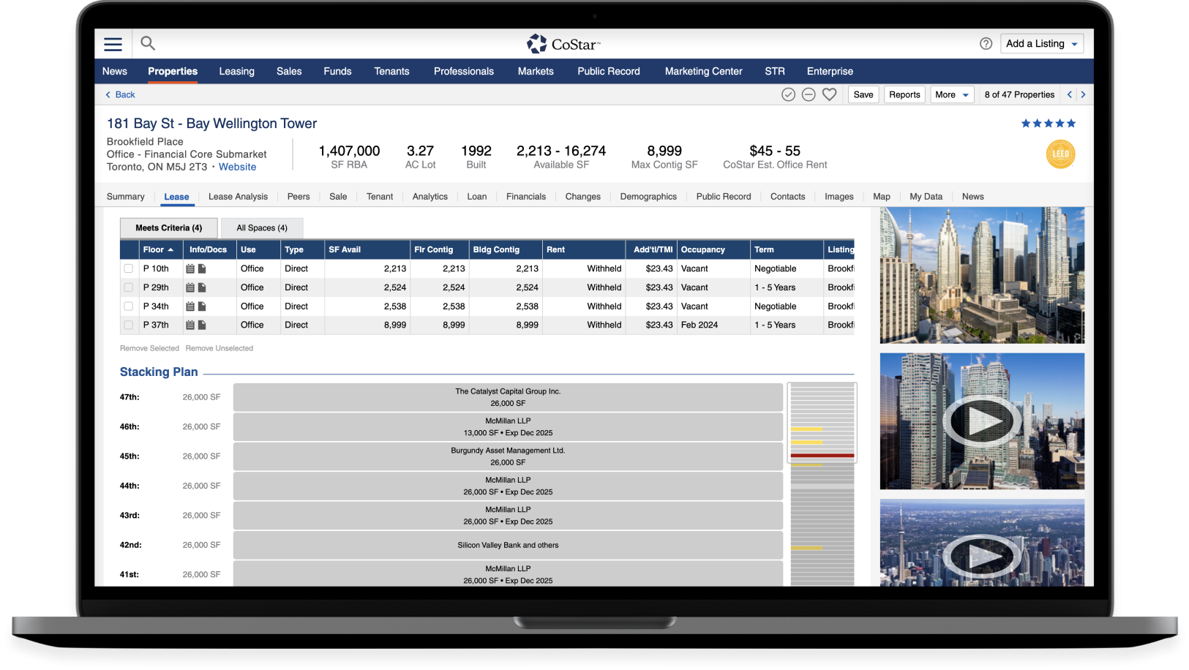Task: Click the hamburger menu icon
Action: (113, 45)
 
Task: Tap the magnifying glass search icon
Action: (148, 44)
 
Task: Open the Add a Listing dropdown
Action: (1042, 44)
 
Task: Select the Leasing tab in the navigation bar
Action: (236, 72)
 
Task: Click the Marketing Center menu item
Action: (703, 72)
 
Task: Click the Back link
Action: (121, 95)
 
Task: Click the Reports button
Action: (904, 95)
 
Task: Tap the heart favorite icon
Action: (829, 95)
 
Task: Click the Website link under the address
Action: (237, 167)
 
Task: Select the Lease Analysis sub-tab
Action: (238, 197)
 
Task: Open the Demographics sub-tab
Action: (648, 197)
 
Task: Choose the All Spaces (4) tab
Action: (262, 228)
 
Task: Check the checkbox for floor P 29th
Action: (129, 288)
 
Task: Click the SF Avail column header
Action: (345, 250)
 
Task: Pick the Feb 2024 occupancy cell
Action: (699, 325)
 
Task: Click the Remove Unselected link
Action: (220, 349)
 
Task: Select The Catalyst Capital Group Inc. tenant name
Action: (508, 392)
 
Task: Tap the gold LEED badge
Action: (1060, 154)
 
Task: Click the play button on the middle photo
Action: (981, 421)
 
